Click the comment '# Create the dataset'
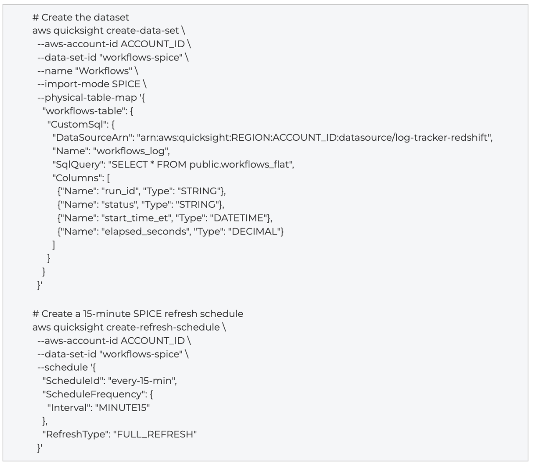click(x=81, y=18)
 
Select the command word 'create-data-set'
click(x=142, y=31)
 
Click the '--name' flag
click(x=55, y=71)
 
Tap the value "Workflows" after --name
click(x=104, y=71)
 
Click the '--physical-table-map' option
click(x=87, y=98)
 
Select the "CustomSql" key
click(x=78, y=124)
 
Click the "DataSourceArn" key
click(x=92, y=137)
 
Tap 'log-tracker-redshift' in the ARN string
click(x=441, y=137)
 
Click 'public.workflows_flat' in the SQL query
click(x=239, y=165)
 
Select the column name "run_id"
click(x=120, y=191)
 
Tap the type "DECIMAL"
click(x=254, y=231)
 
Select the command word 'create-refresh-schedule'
click(x=163, y=327)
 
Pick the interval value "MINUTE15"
click(x=122, y=408)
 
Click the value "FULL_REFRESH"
click(x=155, y=435)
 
